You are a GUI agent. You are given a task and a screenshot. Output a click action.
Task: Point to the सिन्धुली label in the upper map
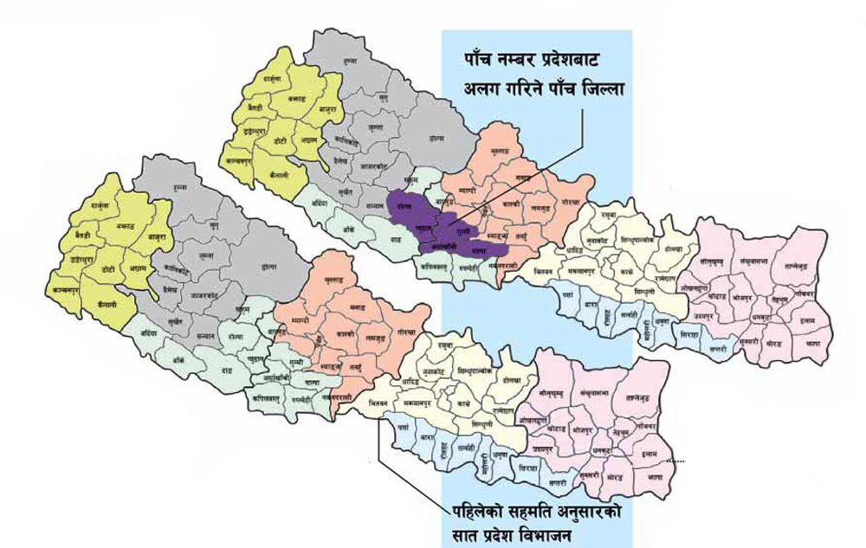pyautogui.click(x=643, y=293)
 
